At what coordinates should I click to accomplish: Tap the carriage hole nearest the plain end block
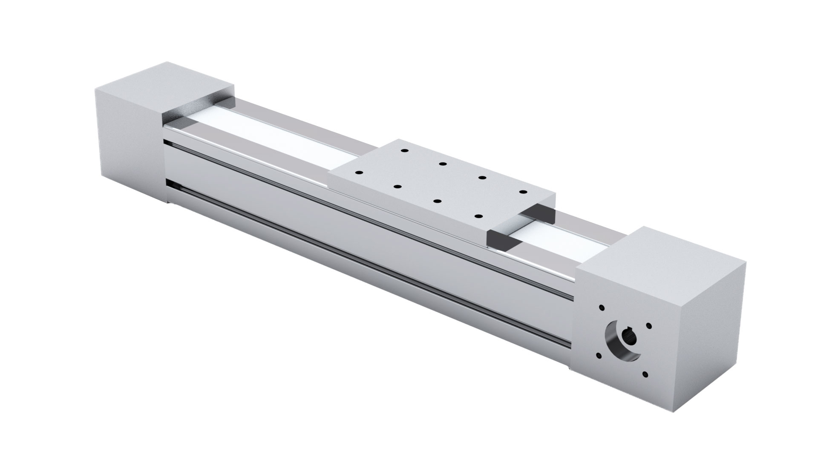point(404,151)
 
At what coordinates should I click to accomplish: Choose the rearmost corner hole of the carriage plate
point(404,151)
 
